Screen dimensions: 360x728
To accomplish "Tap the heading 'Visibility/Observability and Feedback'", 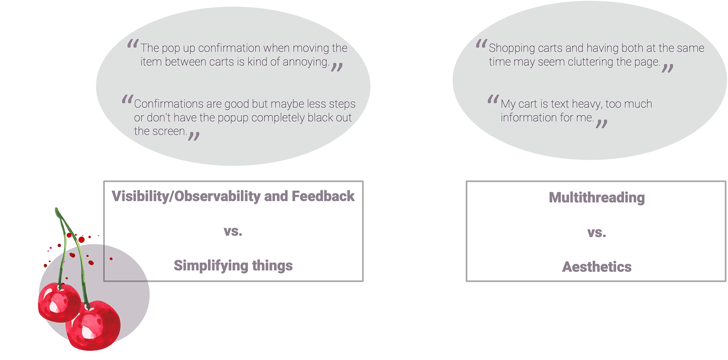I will [233, 196].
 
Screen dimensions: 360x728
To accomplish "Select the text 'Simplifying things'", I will [233, 266].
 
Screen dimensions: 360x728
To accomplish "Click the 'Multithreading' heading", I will [596, 197].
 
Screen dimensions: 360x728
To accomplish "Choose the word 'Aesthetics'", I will [596, 267].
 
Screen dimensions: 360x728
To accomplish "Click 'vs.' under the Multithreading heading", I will [596, 232].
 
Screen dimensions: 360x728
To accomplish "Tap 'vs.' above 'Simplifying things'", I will [233, 231].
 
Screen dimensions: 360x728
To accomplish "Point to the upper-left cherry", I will [59, 302].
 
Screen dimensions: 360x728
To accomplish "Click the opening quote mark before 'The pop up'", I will [133, 45].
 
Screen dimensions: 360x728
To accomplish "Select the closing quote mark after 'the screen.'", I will [194, 136].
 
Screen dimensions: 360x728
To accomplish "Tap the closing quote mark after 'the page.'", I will [668, 68].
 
